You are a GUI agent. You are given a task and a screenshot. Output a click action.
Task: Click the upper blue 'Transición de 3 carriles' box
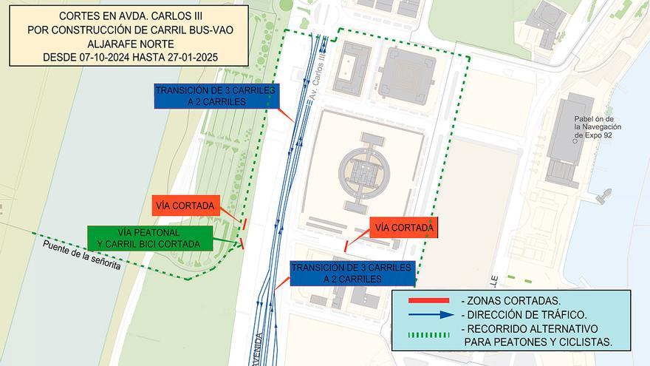click(x=216, y=96)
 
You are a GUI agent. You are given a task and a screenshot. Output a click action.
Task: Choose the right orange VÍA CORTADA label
click(x=404, y=228)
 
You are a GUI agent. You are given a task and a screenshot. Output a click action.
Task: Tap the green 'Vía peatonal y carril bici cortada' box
click(x=150, y=237)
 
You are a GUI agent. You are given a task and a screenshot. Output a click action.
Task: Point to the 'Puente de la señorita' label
click(x=81, y=256)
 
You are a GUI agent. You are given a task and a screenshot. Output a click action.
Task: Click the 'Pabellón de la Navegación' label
click(x=598, y=127)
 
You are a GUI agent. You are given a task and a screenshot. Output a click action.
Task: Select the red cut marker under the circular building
click(x=346, y=245)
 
